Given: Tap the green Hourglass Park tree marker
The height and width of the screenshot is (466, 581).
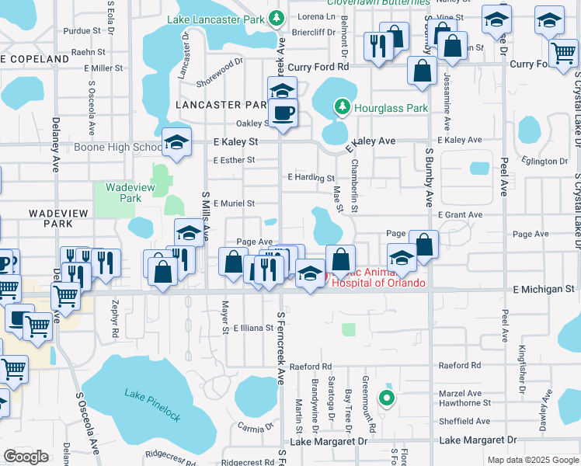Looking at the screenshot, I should [341, 106].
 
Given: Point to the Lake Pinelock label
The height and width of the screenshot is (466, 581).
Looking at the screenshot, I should [152, 405].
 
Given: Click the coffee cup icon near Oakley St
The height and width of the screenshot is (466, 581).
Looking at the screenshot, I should [283, 113].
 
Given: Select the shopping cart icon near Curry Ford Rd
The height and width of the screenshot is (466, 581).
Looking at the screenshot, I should [563, 54].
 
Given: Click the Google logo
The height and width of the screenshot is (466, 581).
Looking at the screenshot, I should [26, 457].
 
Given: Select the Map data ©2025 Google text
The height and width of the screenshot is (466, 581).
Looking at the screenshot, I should [532, 460].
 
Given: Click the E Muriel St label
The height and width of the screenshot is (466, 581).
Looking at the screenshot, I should [233, 203].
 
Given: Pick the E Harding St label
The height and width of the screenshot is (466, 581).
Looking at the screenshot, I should [311, 178].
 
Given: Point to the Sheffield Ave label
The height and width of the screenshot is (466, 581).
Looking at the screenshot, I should [464, 422].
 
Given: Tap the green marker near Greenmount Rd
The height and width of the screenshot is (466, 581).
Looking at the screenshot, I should [386, 399].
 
